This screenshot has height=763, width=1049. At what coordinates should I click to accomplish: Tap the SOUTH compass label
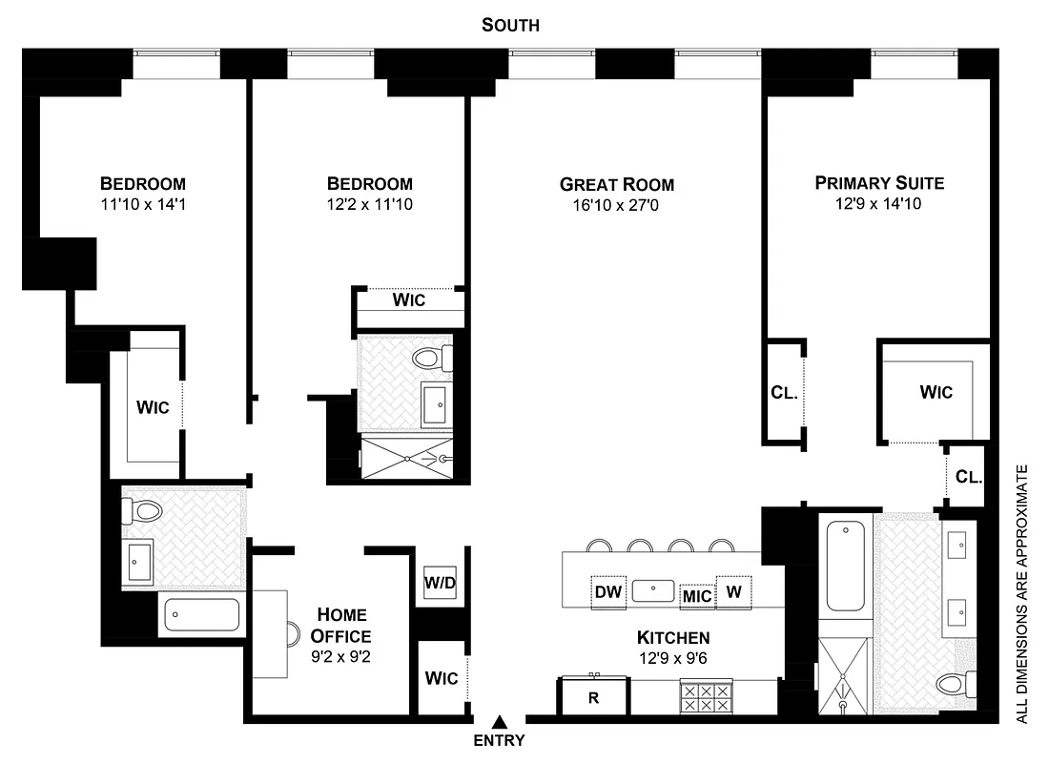[510, 26]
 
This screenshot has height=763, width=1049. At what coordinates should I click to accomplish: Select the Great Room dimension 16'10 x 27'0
[616, 204]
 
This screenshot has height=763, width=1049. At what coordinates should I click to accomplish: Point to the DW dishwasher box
[608, 592]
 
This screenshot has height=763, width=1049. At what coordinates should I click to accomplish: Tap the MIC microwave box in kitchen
[697, 597]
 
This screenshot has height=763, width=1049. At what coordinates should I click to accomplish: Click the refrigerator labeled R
[593, 697]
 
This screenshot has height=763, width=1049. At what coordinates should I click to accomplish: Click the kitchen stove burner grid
[705, 696]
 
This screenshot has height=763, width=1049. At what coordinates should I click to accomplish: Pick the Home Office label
[341, 626]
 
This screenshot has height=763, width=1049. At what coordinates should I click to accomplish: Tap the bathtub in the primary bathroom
[844, 570]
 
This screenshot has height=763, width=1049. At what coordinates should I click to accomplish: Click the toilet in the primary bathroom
[957, 684]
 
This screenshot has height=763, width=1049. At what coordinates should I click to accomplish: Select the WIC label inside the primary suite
[936, 392]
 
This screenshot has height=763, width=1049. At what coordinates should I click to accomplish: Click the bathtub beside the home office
[201, 613]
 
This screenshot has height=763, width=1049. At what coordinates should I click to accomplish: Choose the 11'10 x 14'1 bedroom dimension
[143, 204]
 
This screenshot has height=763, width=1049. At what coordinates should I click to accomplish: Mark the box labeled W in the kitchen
[734, 591]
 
